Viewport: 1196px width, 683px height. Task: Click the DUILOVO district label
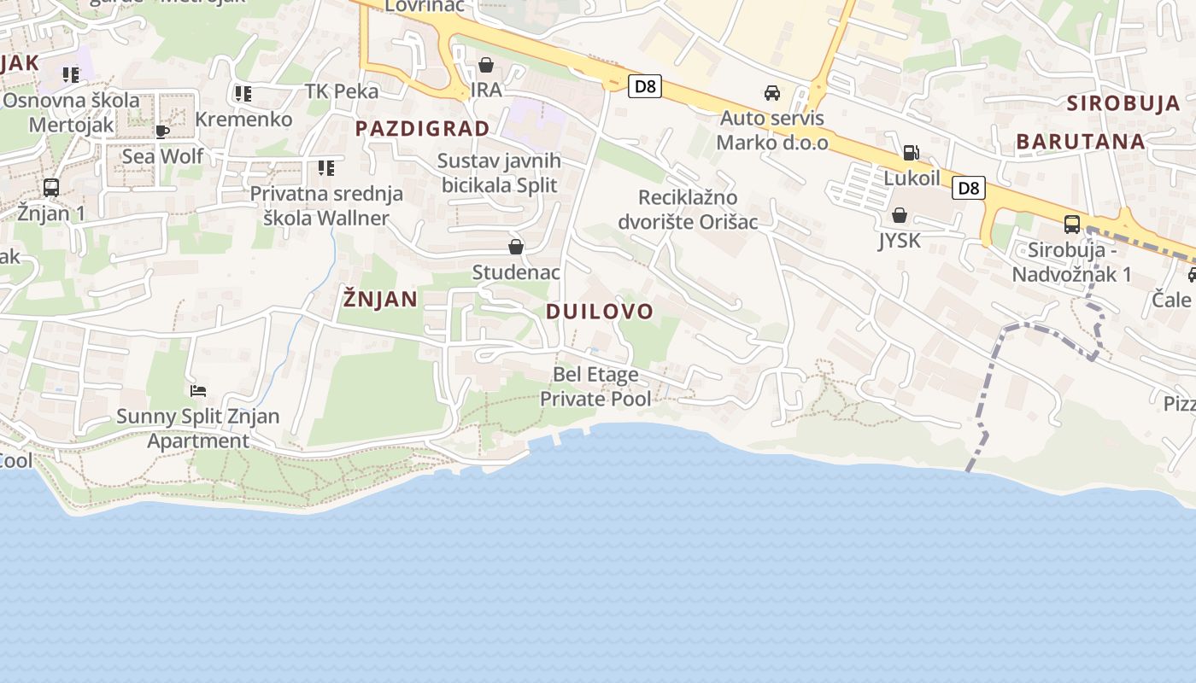[599, 312]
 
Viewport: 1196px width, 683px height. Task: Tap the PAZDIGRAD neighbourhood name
[422, 129]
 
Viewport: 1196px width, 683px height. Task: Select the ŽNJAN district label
[380, 299]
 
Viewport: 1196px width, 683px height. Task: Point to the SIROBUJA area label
[1123, 104]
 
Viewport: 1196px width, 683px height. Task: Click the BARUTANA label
[1080, 142]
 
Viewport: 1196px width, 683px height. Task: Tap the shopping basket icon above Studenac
[516, 248]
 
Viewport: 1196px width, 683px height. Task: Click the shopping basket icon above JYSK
[900, 215]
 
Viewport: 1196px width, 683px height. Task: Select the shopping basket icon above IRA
[486, 65]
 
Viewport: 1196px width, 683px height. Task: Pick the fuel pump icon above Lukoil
[912, 154]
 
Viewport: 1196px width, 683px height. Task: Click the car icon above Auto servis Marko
[772, 92]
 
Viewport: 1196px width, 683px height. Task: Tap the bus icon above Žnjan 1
[51, 187]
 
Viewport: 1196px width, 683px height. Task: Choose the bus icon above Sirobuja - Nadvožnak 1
[1071, 225]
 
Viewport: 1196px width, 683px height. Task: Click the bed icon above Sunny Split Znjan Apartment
[198, 391]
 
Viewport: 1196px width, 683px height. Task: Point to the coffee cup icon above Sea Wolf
[162, 131]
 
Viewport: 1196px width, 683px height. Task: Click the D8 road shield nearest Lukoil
[969, 188]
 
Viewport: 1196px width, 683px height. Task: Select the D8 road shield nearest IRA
[645, 86]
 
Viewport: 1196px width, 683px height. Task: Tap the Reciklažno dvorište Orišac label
[699, 210]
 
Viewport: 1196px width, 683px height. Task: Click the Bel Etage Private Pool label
[595, 387]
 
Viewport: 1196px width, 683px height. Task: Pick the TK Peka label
[341, 91]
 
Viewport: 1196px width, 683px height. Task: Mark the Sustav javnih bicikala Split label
[499, 173]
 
